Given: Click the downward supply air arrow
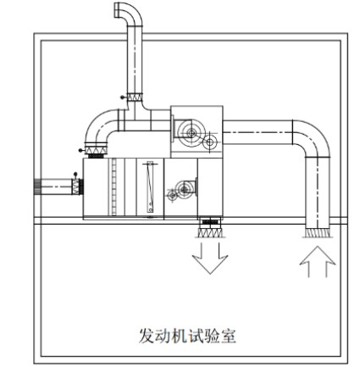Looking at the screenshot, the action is pos(210,259).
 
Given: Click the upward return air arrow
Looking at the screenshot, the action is pos(318,261).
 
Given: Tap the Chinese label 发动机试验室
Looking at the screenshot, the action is pos(187,336).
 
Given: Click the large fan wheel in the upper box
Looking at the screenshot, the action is pos(191,133).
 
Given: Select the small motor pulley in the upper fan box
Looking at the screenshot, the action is pos(210,142).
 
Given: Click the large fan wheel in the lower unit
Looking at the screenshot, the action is pos(185,189).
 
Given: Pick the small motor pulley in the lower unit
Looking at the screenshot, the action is pos(172,195).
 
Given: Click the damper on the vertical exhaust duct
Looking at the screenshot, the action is pos(135,97).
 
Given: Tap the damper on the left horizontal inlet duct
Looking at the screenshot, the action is pos(75,186).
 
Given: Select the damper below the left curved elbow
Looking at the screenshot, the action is pos(96,150).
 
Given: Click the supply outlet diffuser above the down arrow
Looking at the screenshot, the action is pos(210,232).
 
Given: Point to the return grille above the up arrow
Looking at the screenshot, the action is pos(318,232).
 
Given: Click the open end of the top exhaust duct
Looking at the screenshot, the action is pos(117,10).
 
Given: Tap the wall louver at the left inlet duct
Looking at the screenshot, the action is pos(37,187).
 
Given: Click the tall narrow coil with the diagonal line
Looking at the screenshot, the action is pos(150,186).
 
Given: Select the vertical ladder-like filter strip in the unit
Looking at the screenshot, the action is pos(114,186).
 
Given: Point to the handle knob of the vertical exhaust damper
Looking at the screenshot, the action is pos(122,97).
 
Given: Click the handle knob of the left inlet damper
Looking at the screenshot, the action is pos(75,174).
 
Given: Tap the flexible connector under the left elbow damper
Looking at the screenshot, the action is pos(96,156).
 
